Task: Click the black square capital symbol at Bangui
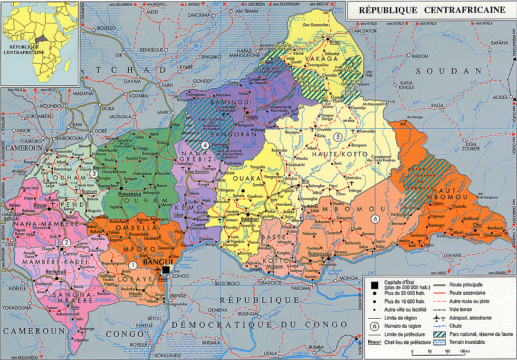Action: click(165, 270)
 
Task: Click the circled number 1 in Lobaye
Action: click(134, 265)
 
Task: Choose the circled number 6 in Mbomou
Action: click(375, 219)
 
